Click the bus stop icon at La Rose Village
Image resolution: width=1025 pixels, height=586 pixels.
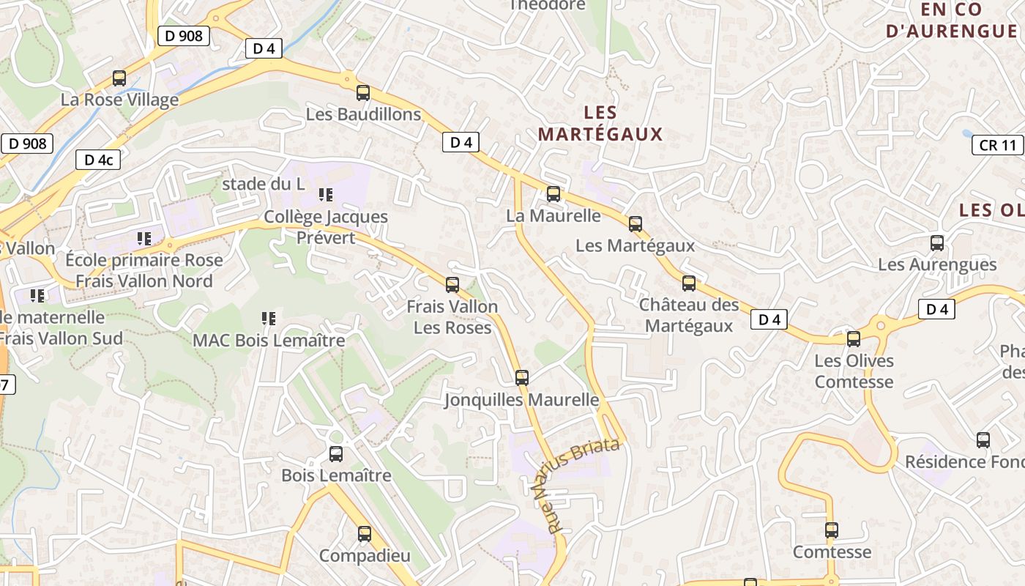click(x=119, y=78)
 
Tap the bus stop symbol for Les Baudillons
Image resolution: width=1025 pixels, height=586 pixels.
click(x=363, y=93)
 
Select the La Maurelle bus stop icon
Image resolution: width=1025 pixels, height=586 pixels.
click(x=553, y=194)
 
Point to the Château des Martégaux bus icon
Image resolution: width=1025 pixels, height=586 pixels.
click(x=689, y=283)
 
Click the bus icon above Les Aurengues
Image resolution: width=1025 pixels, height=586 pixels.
click(x=937, y=243)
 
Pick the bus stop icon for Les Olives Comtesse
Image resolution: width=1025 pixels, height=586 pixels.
click(x=854, y=339)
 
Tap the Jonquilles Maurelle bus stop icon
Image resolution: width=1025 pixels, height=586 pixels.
click(x=522, y=378)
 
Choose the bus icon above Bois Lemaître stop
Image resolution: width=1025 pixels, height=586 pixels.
click(x=336, y=454)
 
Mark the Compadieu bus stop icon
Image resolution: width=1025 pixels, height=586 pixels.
click(x=365, y=534)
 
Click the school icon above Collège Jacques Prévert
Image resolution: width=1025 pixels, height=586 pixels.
click(x=326, y=195)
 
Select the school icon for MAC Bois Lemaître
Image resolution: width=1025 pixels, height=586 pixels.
click(x=269, y=319)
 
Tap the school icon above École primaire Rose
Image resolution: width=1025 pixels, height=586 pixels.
click(x=144, y=238)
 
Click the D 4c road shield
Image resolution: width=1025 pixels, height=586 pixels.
click(x=98, y=160)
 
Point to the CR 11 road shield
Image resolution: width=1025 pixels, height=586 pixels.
click(x=998, y=145)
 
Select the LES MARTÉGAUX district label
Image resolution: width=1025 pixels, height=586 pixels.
click(x=600, y=123)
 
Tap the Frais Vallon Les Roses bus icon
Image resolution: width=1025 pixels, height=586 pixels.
click(x=452, y=285)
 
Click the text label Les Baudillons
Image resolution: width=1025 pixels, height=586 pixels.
click(x=363, y=114)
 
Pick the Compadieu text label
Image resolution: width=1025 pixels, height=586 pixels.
click(x=365, y=555)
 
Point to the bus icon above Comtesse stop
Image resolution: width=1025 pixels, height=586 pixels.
click(x=832, y=530)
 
